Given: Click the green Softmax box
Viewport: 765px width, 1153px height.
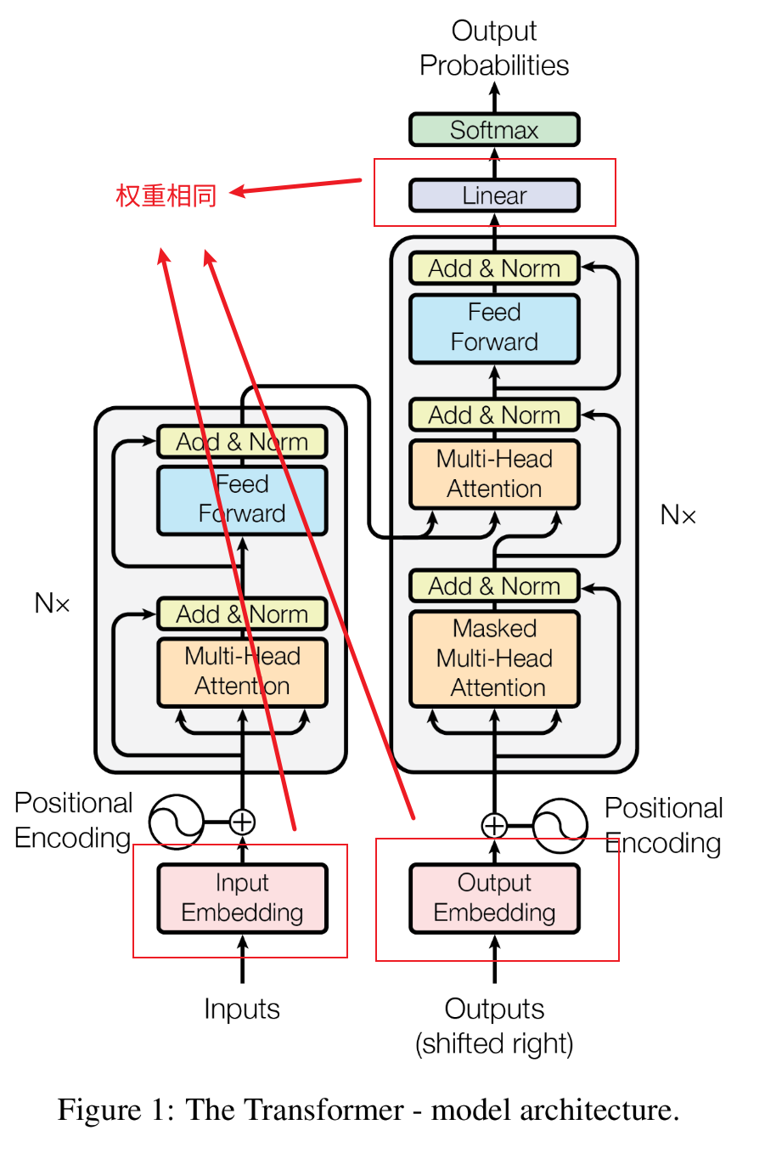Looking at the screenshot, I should click(494, 130).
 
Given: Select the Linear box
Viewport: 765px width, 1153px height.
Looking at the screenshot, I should click(494, 195).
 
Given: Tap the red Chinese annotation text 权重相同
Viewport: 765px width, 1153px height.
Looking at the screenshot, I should click(166, 195).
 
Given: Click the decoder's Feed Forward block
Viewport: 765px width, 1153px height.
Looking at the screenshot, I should click(494, 328).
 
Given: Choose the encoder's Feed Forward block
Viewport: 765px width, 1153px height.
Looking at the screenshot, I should click(242, 500).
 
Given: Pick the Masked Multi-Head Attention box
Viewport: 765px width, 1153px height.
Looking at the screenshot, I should click(494, 658).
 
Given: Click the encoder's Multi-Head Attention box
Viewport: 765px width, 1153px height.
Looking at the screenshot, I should click(242, 671).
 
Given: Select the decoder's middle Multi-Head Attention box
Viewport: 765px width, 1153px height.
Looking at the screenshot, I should click(494, 474).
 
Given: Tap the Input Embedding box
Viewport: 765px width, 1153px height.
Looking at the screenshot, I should click(242, 898).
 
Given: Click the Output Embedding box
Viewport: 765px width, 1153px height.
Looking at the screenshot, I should click(494, 898).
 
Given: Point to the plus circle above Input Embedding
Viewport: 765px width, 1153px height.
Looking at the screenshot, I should click(242, 822).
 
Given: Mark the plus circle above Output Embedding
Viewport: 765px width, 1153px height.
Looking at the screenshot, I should click(494, 825).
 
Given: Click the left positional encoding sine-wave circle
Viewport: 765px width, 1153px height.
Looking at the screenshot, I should click(176, 822).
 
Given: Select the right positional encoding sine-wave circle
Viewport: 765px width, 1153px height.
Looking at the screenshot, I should click(560, 825).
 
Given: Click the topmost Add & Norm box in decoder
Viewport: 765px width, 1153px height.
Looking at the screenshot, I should click(494, 268).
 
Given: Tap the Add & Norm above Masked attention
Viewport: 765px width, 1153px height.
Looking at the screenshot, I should click(494, 586).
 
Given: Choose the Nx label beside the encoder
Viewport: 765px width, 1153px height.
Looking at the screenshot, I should click(52, 603).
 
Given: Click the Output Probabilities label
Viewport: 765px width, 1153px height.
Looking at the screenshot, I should click(494, 48).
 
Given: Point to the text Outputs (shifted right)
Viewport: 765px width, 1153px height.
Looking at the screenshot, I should click(494, 1026).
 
